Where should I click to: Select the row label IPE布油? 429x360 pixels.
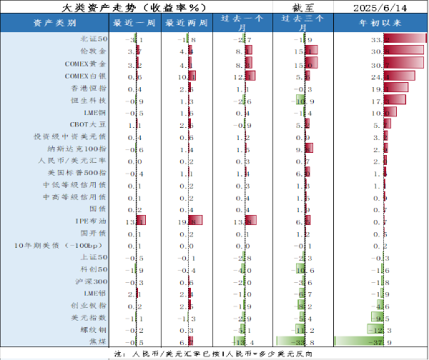pyautogui.click(x=92, y=221)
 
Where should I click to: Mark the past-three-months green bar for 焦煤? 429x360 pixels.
pyautogui.click(x=290, y=342)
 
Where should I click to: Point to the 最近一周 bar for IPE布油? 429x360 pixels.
pyautogui.click(x=139, y=221)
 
